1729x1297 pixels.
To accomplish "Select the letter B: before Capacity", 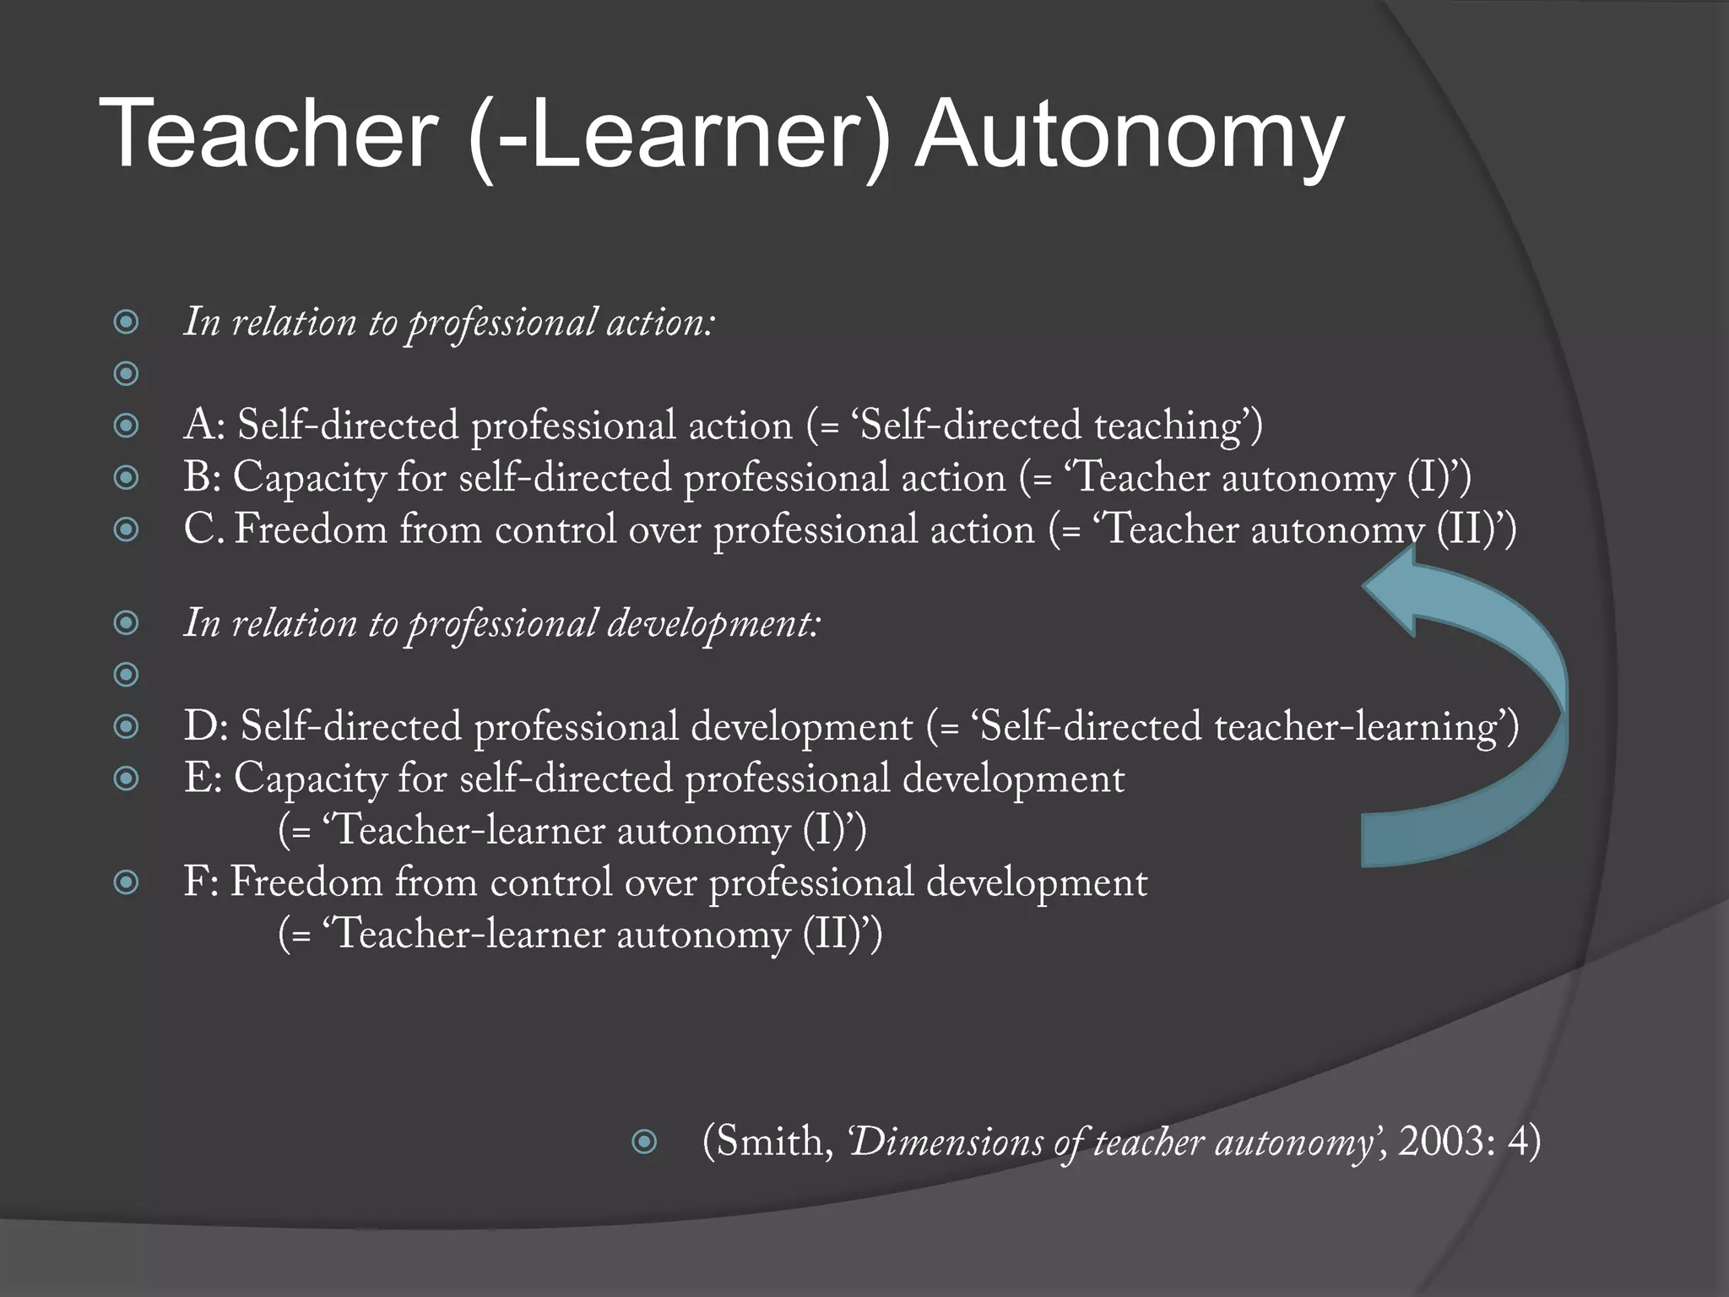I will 203,477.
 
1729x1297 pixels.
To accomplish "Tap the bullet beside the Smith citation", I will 644,1142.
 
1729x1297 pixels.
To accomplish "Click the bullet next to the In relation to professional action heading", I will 127,322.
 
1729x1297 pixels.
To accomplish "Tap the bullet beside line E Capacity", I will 127,779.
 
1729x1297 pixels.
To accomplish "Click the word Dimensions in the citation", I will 946,1142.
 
